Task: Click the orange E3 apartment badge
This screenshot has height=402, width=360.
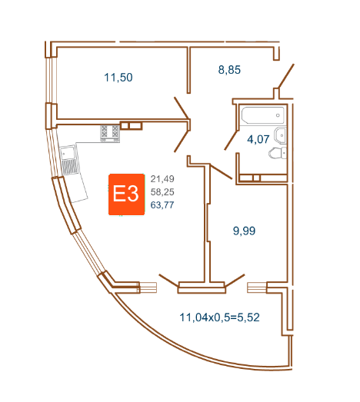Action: click(x=126, y=194)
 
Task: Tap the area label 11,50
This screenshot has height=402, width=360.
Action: click(x=118, y=78)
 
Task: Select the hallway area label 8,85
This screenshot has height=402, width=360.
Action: click(x=229, y=70)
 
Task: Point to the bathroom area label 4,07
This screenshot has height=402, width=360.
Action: click(x=258, y=139)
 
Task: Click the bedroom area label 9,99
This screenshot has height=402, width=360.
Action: click(x=244, y=231)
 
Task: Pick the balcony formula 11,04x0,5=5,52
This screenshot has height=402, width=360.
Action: click(x=219, y=317)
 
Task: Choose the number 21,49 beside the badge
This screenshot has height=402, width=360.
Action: click(x=162, y=178)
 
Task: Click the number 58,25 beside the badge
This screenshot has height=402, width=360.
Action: click(x=162, y=191)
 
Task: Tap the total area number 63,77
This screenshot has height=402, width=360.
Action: click(x=162, y=205)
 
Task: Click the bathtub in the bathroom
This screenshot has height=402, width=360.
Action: click(x=263, y=115)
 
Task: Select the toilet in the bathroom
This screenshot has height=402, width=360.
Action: click(x=278, y=153)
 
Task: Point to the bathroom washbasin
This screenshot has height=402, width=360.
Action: click(x=280, y=135)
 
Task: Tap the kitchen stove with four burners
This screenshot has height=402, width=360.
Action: click(x=110, y=133)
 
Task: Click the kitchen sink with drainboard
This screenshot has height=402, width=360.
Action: click(x=68, y=159)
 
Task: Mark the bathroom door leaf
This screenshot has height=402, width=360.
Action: click(x=232, y=140)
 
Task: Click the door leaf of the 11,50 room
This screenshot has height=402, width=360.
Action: click(x=182, y=108)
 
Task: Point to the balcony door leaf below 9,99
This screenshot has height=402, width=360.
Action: click(x=235, y=280)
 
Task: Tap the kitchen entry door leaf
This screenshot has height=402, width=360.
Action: click(x=182, y=141)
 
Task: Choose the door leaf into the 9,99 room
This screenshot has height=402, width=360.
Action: click(x=222, y=171)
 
